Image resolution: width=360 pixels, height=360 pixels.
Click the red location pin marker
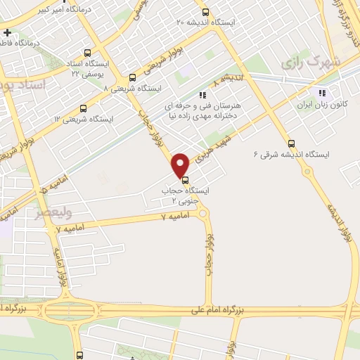tap(181, 165)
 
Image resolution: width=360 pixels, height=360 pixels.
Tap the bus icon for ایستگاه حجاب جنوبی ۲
tap(185, 179)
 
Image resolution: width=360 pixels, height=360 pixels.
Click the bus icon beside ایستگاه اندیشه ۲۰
tap(205, 12)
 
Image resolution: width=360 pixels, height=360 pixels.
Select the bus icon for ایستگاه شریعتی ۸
tap(132, 78)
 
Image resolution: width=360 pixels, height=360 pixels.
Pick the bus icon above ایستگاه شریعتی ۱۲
tap(84, 108)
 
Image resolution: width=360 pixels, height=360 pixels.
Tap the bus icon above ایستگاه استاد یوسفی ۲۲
tap(87, 52)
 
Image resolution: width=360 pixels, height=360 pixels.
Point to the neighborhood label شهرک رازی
tap(310, 62)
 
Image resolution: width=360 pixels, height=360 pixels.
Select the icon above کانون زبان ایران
tap(322, 92)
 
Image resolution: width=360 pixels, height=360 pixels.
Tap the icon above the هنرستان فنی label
tap(202, 94)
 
